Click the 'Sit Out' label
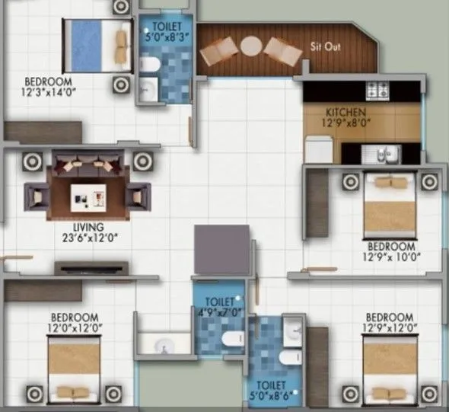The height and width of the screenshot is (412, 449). [x=326, y=46]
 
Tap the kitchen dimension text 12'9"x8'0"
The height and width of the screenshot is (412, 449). [x=346, y=123]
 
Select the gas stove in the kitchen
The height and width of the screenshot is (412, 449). [x=377, y=91]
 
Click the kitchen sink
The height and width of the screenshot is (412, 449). [x=381, y=154]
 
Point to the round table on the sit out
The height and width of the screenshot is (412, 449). [x=251, y=46]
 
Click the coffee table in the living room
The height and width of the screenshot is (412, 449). [x=88, y=198]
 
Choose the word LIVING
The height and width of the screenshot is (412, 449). [x=88, y=227]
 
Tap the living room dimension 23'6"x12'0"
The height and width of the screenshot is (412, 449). [x=91, y=238]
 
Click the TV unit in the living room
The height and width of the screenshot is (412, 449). [x=91, y=269]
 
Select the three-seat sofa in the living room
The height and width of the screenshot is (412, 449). [x=88, y=164]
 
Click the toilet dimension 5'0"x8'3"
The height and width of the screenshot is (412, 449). [x=167, y=37]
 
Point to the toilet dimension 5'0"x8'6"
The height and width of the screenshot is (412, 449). [x=271, y=396]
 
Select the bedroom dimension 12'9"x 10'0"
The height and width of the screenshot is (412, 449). [x=391, y=257]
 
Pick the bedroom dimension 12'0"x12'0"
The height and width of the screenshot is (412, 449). [x=75, y=328]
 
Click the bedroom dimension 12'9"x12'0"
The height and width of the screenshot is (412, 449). [x=390, y=328]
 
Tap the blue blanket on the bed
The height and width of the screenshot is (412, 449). [x=86, y=46]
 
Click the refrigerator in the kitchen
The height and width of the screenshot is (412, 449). [x=319, y=150]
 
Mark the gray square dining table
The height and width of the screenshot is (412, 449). [x=222, y=250]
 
